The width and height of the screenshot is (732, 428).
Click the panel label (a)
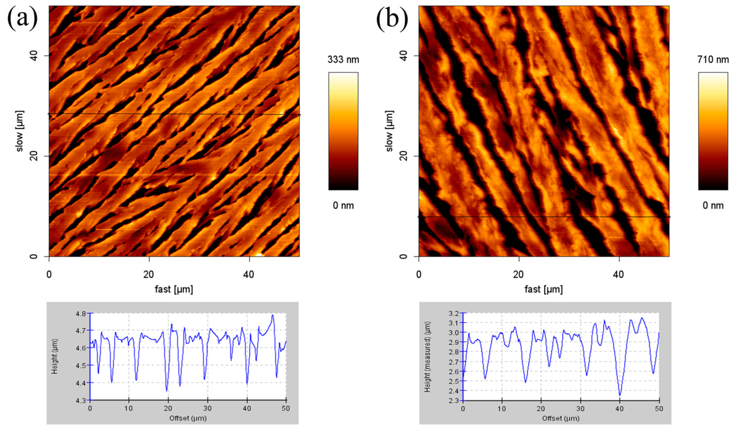click(x=23, y=18)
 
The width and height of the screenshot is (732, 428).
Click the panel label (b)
click(x=392, y=18)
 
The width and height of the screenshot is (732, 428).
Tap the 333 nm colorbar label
click(x=343, y=60)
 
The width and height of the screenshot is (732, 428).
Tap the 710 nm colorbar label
click(x=713, y=60)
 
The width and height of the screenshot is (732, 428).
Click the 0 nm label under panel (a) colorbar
click(x=343, y=205)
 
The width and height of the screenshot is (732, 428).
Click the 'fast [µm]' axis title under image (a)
click(x=174, y=289)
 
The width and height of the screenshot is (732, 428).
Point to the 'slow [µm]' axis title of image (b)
click(x=390, y=131)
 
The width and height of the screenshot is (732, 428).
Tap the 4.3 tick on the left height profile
click(x=83, y=400)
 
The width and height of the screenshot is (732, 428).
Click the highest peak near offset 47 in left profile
click(x=273, y=315)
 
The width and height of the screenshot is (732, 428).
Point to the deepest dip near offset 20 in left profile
click(x=167, y=391)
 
